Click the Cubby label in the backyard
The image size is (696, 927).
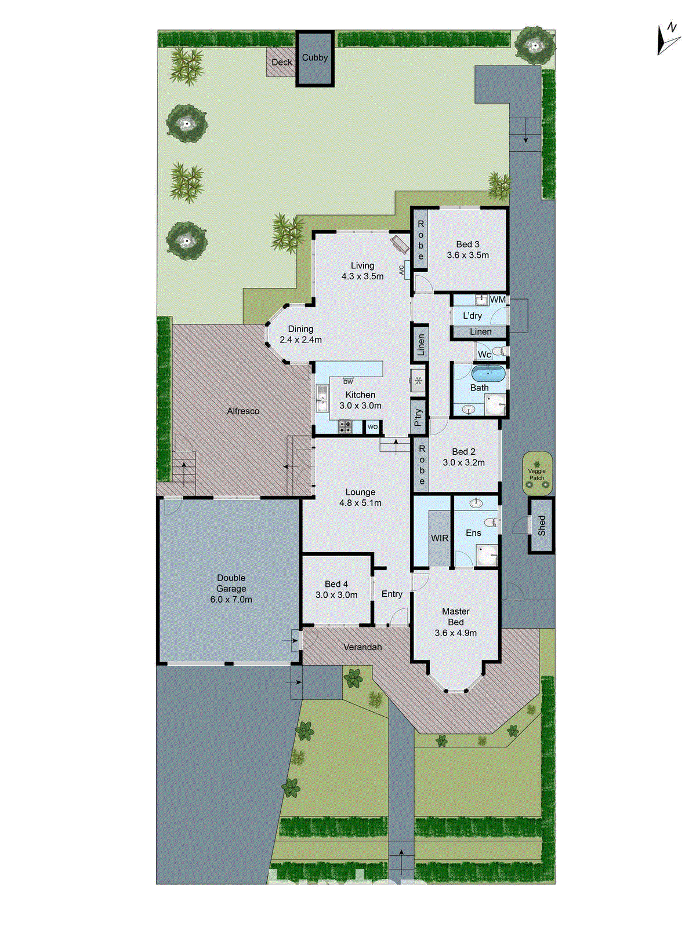point(315,57)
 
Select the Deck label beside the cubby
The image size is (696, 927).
point(282,62)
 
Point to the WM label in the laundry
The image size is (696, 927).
point(498,300)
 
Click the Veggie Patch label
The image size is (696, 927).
point(537,474)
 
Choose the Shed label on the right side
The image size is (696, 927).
point(542,525)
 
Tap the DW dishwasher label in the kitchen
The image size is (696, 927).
point(348,382)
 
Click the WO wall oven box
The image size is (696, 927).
point(372,427)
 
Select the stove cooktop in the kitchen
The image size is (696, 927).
point(345,427)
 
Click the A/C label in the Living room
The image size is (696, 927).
point(401,270)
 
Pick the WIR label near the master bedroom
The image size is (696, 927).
point(440,538)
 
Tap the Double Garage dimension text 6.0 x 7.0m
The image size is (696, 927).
point(231,600)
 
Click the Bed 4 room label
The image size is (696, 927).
point(336,584)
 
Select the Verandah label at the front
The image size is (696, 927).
point(362,647)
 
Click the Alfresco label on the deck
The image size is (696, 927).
point(243,411)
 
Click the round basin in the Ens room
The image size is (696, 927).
point(476,503)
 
